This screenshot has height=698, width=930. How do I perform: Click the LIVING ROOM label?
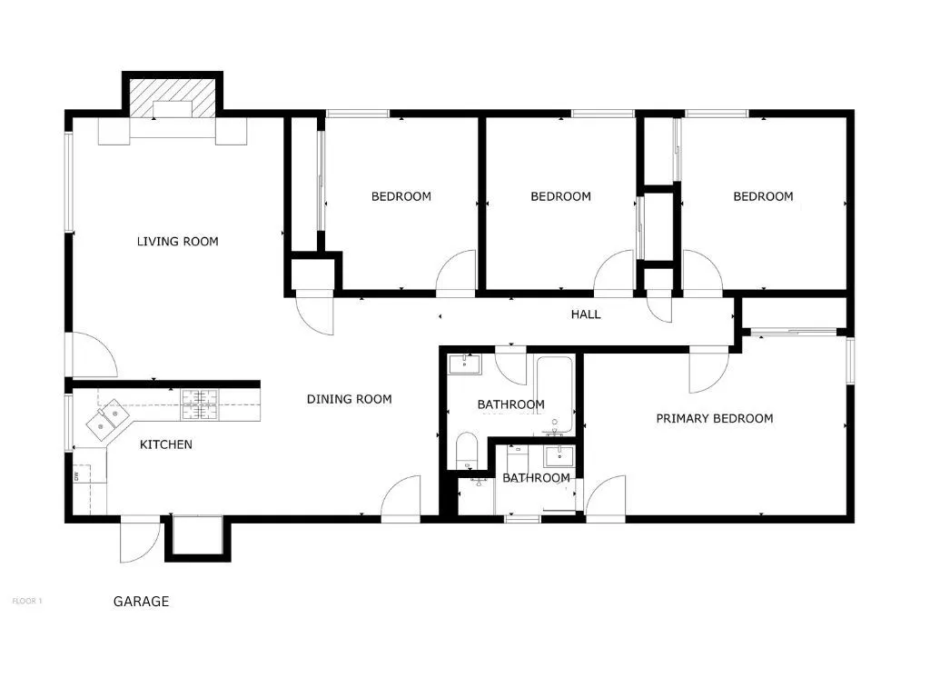177,242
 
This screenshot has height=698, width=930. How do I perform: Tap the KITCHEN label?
166,444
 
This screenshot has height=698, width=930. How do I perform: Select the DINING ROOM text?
350,400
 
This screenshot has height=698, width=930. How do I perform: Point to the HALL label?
586,314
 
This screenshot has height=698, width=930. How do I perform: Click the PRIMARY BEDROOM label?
715,418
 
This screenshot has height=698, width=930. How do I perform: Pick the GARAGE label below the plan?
141,602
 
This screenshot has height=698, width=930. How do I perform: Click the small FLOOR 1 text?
27,602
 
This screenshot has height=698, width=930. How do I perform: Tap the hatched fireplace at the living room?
173,98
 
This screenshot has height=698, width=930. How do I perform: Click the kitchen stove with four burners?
200,404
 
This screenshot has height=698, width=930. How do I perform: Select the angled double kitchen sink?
107,417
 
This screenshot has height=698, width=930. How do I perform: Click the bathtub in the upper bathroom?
555,394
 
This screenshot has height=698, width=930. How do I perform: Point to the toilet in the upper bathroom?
467,451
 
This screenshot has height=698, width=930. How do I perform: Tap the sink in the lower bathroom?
559,457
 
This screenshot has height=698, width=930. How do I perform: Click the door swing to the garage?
141,540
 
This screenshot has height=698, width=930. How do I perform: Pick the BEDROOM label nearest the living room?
401,196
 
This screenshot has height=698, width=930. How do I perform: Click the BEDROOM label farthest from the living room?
763,196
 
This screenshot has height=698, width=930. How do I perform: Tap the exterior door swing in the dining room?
401,499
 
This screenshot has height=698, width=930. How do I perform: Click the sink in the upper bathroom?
465,364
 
